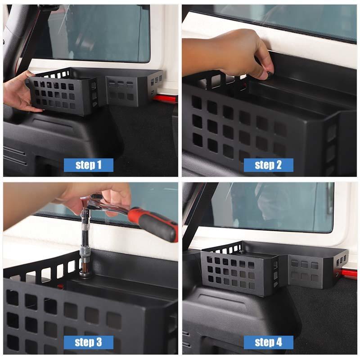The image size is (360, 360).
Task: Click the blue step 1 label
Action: pos(88,165)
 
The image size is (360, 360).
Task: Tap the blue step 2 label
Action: pos(268,165)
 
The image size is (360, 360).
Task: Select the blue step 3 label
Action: pos(88,342)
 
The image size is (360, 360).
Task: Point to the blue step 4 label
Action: pos(268,342)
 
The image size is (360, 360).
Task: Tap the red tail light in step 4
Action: pos(348,273)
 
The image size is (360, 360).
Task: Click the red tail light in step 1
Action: pos(164,99)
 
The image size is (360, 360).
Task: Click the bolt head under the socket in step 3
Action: pos(84,273)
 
